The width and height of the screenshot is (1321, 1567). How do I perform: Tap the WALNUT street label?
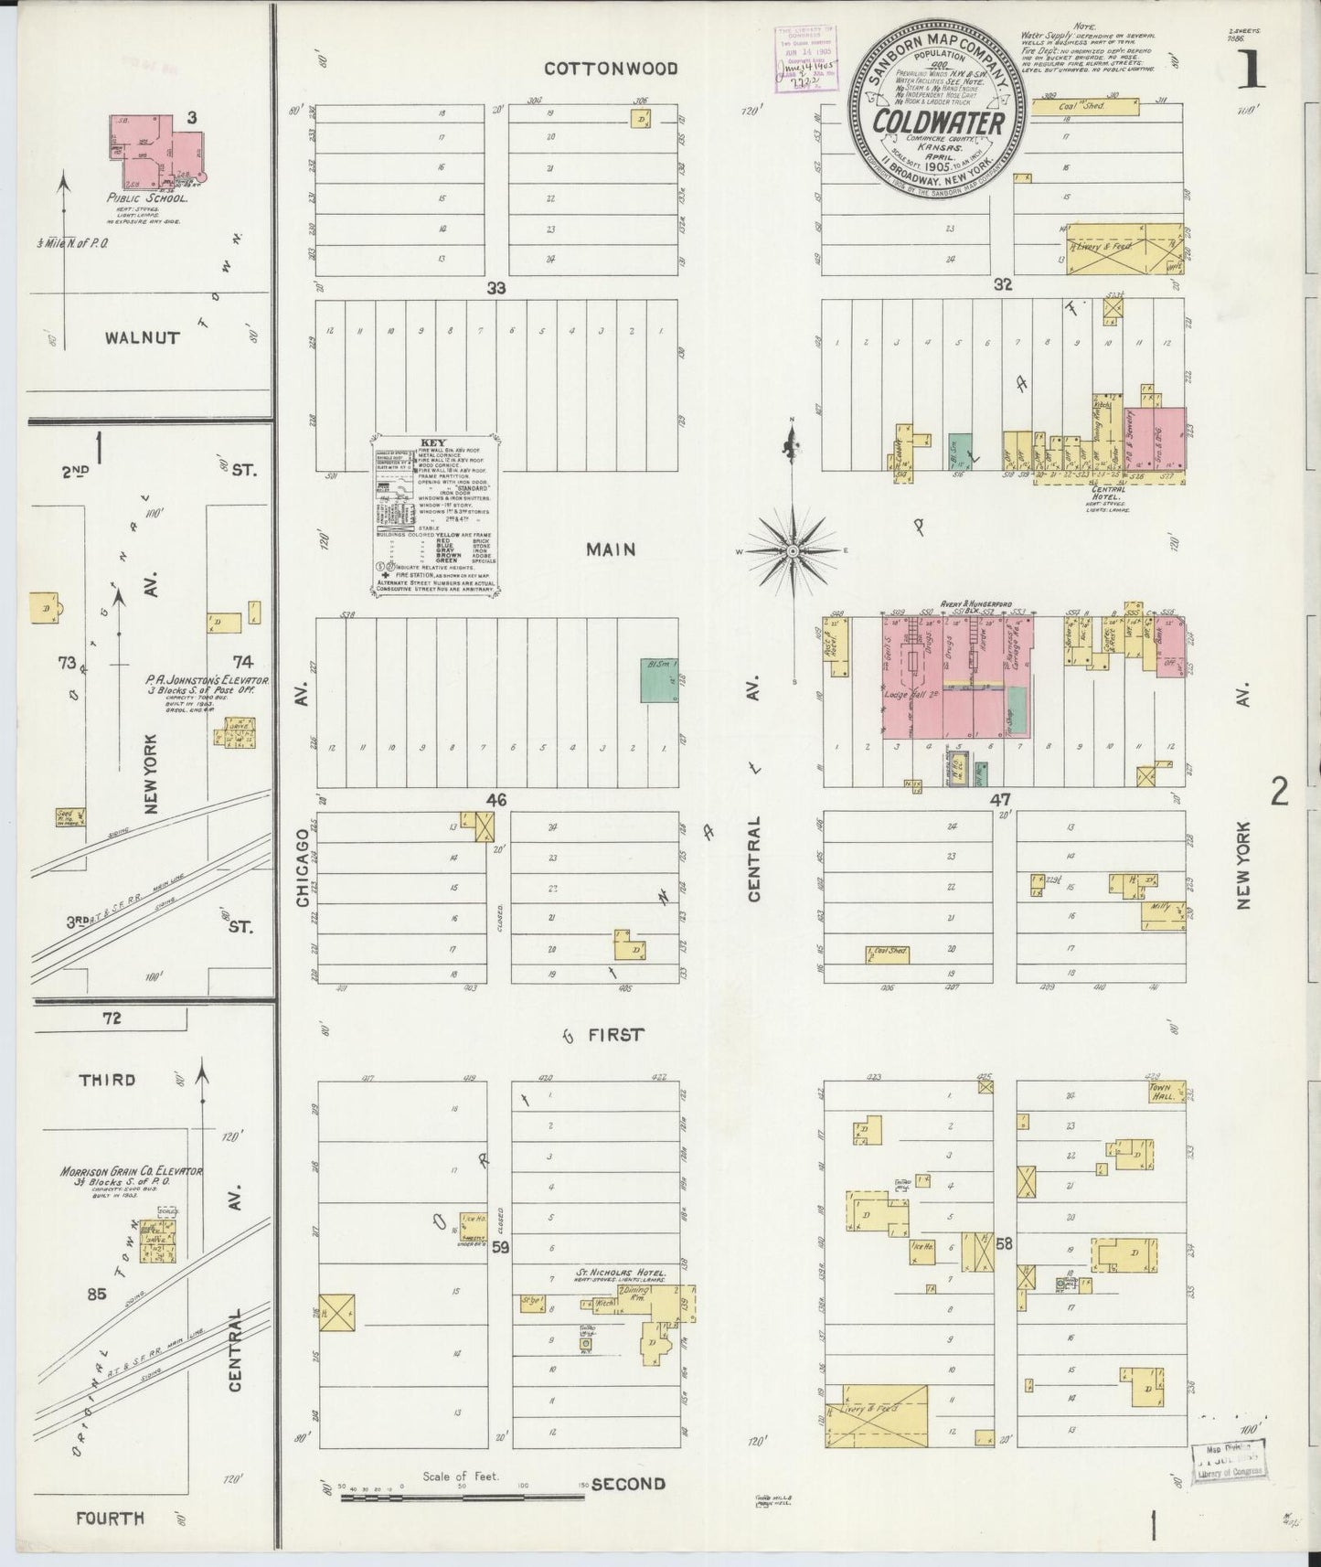[x=142, y=337]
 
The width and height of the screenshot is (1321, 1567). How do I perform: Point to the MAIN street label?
[x=611, y=549]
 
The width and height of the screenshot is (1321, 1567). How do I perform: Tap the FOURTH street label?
[x=110, y=1519]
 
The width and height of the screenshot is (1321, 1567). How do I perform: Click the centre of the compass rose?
[x=793, y=551]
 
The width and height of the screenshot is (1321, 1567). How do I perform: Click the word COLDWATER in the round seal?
[x=939, y=122]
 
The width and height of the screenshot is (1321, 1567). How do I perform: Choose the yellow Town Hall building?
[x=1182, y=1091]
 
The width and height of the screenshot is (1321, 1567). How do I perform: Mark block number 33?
[x=495, y=287]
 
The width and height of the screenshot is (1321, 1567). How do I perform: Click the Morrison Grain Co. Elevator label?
[x=131, y=1171]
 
